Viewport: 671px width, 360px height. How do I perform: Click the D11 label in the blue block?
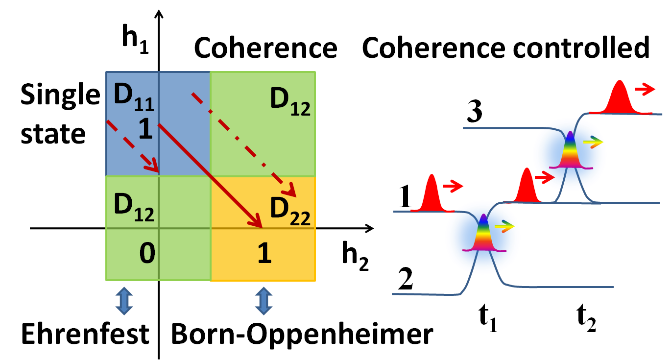coord(133,96)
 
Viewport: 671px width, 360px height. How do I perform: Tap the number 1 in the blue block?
coord(145,129)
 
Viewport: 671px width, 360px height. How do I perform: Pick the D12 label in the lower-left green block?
coord(133,206)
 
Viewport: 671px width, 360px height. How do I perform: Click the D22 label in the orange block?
coord(290,210)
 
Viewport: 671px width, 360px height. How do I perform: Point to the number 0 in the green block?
coord(147,253)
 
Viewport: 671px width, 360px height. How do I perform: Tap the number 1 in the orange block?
coord(264,254)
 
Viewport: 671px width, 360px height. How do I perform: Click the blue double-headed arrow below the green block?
coord(124,301)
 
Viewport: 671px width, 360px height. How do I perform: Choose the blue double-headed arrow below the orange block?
coord(264,301)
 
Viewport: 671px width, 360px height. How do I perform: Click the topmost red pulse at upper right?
coord(620,98)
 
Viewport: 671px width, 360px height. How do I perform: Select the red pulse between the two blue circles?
coord(526,187)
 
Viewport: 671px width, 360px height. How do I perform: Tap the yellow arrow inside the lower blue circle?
coord(505,226)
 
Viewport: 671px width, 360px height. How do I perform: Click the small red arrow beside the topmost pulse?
coord(646,89)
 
